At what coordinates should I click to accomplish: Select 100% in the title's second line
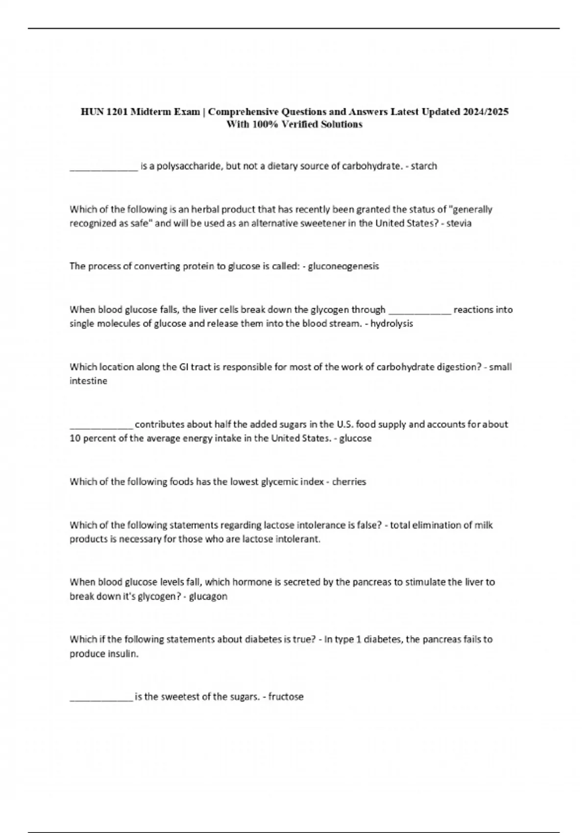[x=264, y=124]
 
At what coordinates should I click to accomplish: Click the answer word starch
[x=424, y=166]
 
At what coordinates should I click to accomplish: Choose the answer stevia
[x=460, y=223]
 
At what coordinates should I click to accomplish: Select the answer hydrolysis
[x=392, y=324]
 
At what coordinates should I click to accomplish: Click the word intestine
[x=88, y=381]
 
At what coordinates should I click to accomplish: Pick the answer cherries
[x=349, y=482]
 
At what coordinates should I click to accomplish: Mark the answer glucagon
[x=208, y=596]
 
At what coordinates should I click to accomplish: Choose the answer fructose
[x=286, y=697]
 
